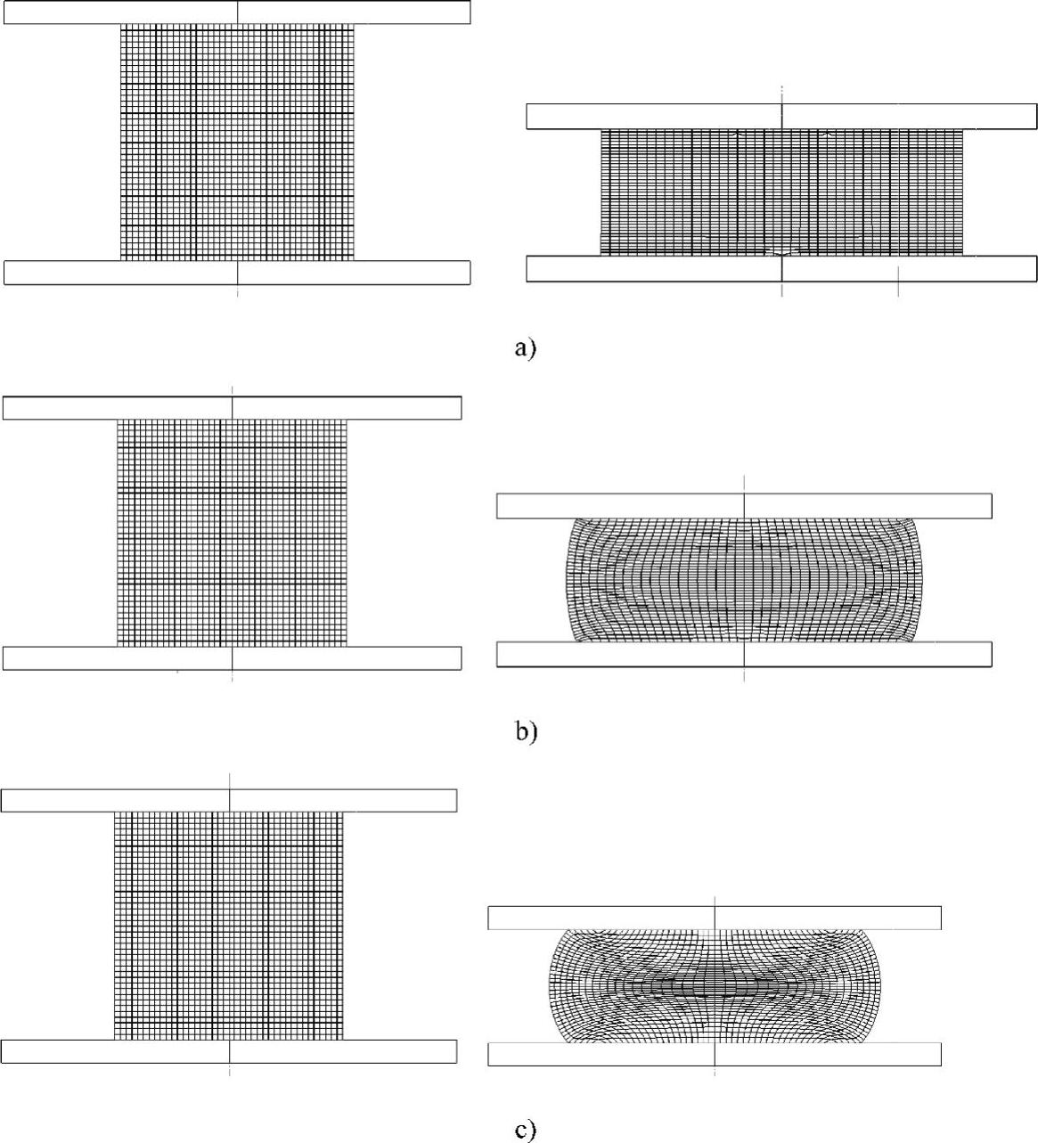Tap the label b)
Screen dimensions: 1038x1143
point(526,732)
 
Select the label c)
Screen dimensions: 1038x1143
point(526,1131)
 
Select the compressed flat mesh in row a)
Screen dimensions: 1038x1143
point(781,192)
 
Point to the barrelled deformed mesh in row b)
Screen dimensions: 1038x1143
point(744,580)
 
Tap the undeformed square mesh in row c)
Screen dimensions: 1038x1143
point(229,926)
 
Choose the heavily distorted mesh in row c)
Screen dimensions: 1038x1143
point(715,986)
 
